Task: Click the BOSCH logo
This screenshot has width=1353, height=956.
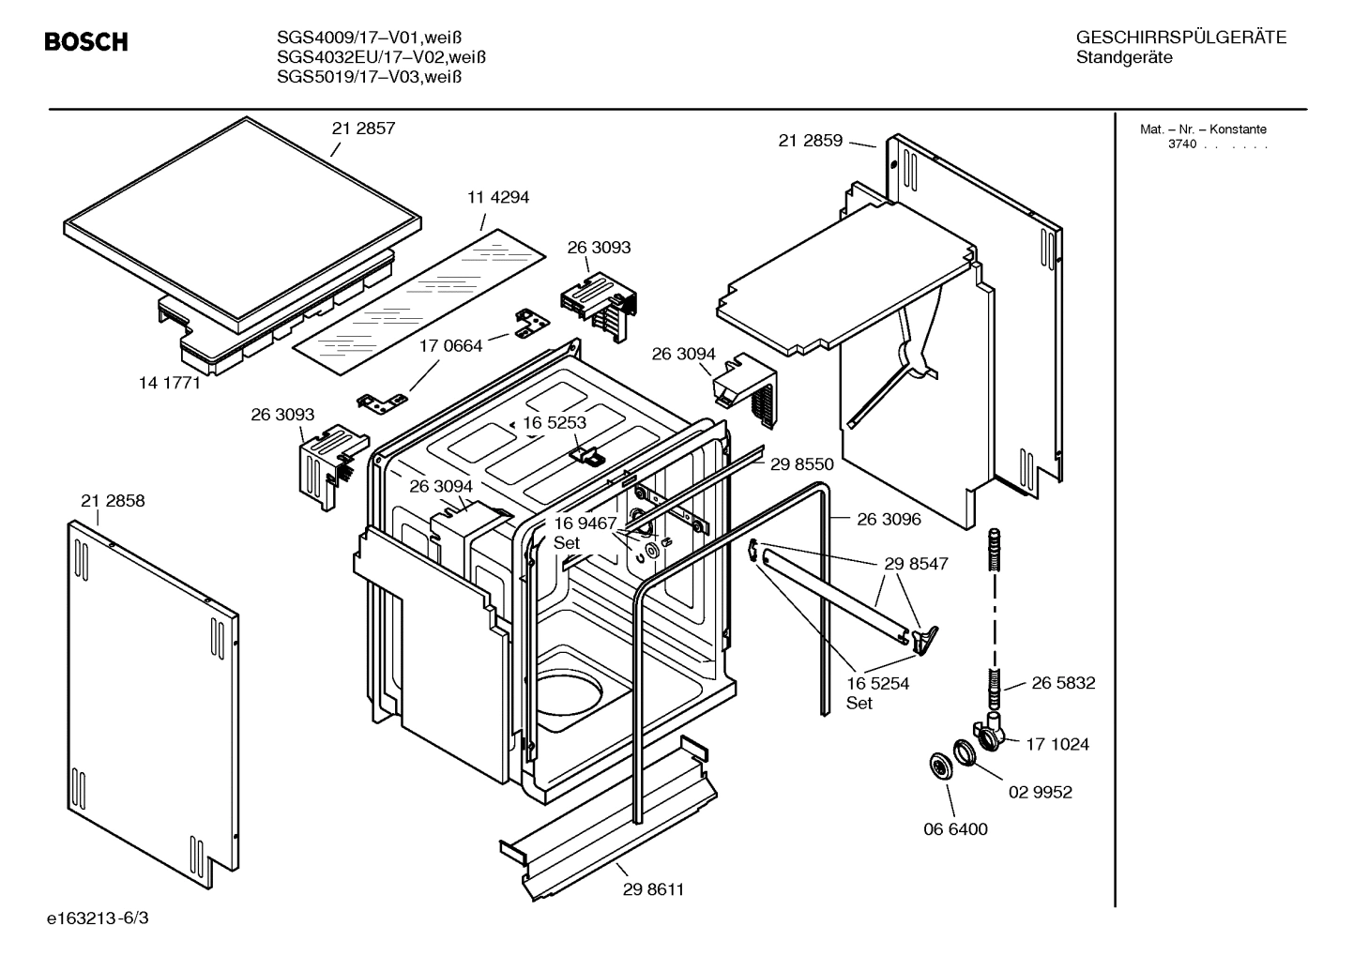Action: [85, 42]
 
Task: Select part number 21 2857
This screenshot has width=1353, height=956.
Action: [363, 129]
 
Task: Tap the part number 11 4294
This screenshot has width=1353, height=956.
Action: [497, 197]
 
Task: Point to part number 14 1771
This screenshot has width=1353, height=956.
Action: [170, 382]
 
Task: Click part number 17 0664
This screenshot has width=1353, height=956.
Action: [450, 346]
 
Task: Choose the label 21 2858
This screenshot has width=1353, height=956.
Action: [113, 501]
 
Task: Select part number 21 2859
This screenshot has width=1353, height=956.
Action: [810, 141]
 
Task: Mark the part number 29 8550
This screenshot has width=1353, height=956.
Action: [801, 463]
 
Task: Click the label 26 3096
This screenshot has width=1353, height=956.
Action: [889, 519]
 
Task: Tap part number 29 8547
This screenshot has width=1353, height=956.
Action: [916, 564]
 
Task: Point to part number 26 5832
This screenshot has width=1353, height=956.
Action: [1063, 683]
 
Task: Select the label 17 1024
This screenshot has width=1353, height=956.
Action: [1057, 744]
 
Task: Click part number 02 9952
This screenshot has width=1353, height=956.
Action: [1040, 792]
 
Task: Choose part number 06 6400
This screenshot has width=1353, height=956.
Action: [955, 829]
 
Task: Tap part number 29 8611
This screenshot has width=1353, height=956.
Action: [653, 889]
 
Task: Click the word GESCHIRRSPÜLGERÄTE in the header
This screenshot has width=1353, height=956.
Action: [1180, 38]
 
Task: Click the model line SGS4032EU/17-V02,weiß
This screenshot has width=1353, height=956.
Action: [381, 57]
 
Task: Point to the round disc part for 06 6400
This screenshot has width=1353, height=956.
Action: [936, 766]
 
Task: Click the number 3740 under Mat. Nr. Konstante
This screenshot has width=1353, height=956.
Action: [1181, 144]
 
